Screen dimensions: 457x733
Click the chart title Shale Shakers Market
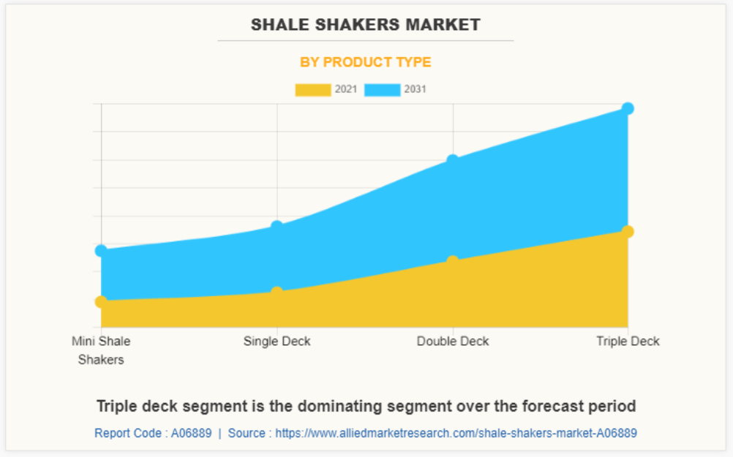coord(366,25)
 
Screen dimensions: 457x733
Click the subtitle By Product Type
coord(366,62)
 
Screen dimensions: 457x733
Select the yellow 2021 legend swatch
coord(312,90)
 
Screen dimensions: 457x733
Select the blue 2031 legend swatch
coord(383,90)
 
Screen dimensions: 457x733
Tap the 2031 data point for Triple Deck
coord(628,108)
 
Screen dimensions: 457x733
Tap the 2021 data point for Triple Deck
coord(628,232)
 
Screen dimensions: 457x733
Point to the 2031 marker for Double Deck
coord(453,160)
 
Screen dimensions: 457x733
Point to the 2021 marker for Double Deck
coord(453,261)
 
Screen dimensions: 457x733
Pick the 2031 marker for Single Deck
coord(277,226)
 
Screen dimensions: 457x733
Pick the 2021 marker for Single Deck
coord(277,292)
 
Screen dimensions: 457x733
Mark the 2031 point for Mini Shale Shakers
coord(102,251)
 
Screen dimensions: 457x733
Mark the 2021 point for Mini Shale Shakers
coord(102,301)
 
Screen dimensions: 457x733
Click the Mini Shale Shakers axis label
coord(101,350)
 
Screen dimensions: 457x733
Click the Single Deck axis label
coord(277,341)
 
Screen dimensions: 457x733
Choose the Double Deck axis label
coord(453,341)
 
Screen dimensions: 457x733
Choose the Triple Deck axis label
coord(628,341)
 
